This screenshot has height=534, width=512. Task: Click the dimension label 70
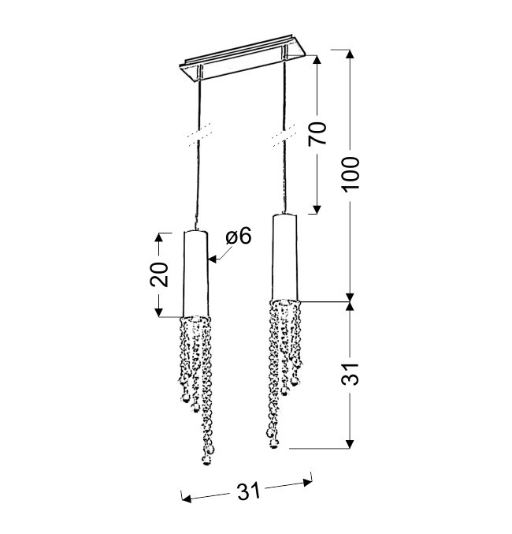(317, 133)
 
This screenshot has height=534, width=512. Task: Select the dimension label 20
(159, 274)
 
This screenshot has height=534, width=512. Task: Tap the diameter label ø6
(239, 236)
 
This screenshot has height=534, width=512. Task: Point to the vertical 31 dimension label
(350, 375)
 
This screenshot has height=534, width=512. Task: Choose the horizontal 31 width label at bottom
(248, 491)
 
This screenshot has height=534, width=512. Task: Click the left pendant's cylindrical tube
(195, 274)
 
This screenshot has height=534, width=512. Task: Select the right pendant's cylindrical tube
(284, 257)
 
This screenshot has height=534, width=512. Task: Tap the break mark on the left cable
(198, 135)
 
